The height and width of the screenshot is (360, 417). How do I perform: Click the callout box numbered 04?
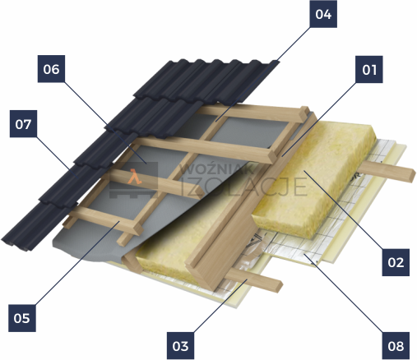323,14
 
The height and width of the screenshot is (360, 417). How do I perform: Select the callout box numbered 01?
369,69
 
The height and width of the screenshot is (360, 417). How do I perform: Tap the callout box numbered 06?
51,69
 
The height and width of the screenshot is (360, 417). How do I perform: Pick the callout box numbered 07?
23,124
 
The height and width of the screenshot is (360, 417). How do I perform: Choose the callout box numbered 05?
22,318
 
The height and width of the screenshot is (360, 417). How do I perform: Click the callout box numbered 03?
180,346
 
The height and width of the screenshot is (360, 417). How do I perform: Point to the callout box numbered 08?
396,346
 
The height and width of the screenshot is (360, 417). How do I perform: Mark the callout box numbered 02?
396,262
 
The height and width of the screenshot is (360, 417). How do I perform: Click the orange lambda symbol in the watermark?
135,177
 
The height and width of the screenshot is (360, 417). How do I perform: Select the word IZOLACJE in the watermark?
244,187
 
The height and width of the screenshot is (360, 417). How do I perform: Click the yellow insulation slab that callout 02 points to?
315,181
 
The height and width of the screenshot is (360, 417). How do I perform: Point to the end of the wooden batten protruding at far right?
410,176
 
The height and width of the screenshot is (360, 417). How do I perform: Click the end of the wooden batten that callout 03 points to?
277,286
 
